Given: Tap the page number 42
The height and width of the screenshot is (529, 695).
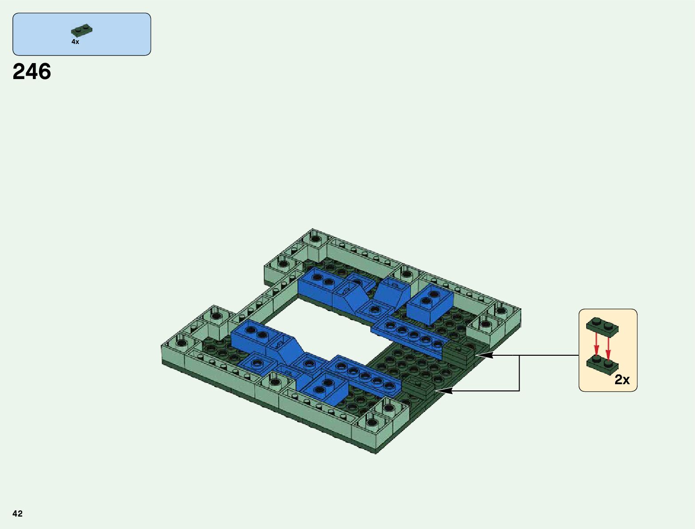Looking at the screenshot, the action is pos(17,513).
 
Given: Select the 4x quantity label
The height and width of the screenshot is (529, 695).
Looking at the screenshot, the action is pos(75,42).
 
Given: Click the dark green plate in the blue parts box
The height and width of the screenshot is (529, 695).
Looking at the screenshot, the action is pos(82,30).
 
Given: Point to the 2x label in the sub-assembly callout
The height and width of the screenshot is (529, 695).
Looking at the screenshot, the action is pos(622,379).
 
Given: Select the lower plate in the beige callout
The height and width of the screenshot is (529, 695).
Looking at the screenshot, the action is pos(602,366).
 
